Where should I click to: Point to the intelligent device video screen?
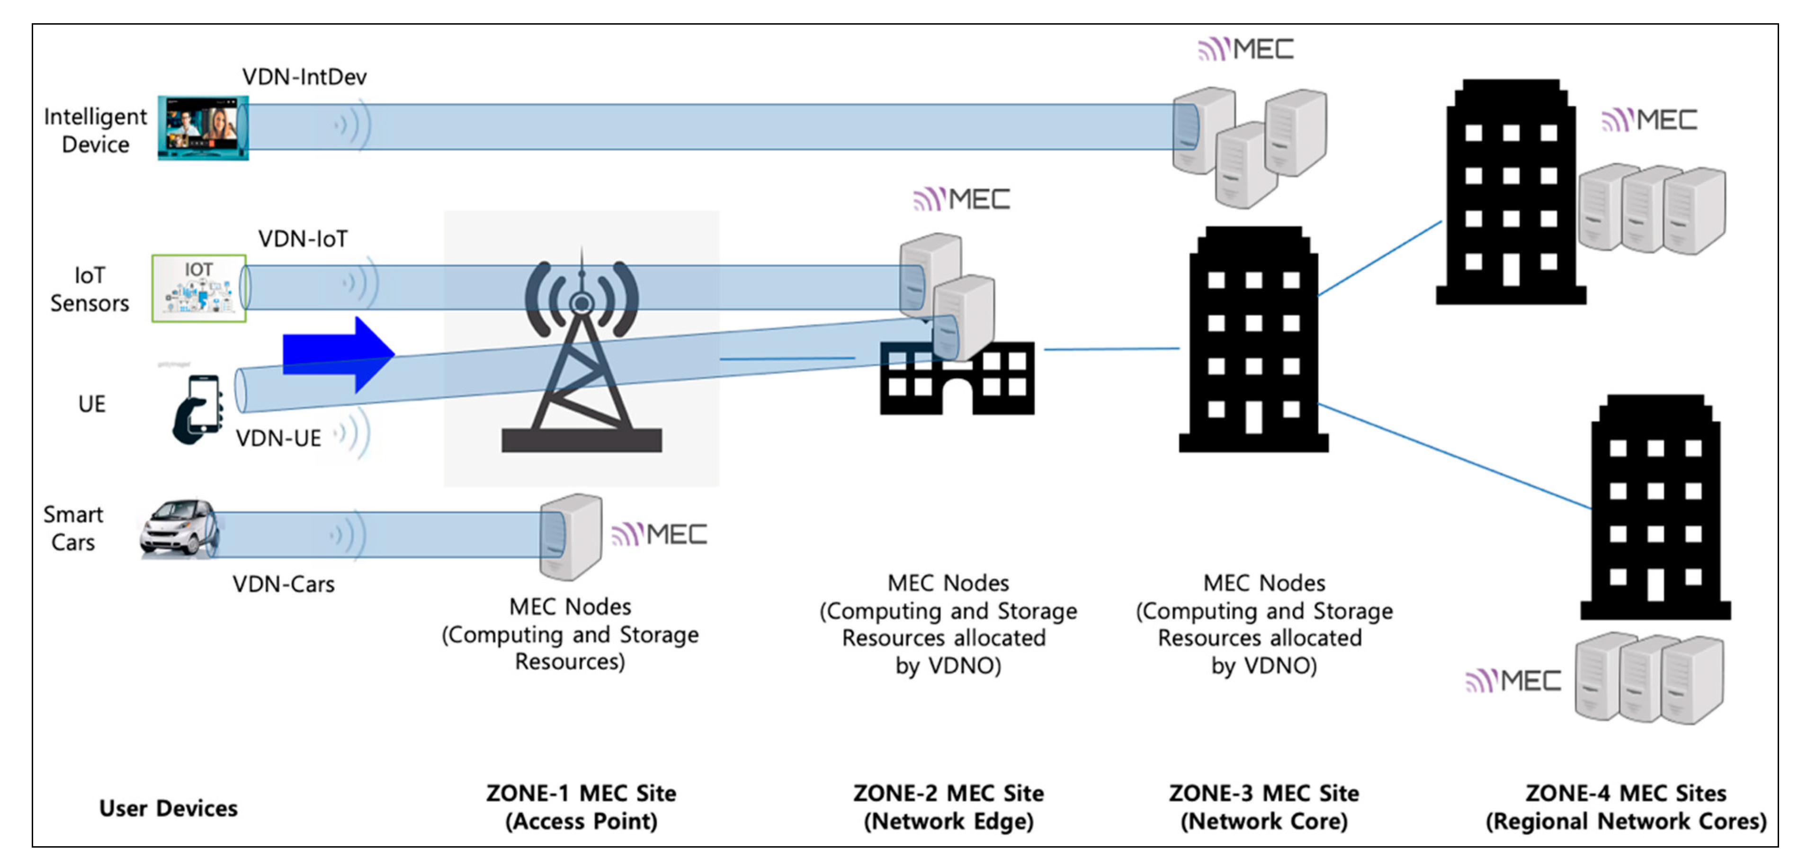pyautogui.click(x=203, y=128)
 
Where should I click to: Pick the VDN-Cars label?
pyautogui.click(x=283, y=584)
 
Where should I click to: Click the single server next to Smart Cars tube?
pyautogui.click(x=570, y=537)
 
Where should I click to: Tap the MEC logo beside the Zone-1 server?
pyautogui.click(x=659, y=535)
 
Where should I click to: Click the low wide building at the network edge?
pyautogui.click(x=957, y=380)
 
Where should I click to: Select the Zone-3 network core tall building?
pyautogui.click(x=1253, y=340)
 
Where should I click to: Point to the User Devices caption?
pyautogui.click(x=169, y=808)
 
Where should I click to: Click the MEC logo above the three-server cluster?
pyautogui.click(x=1245, y=49)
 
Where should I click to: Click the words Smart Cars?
pyautogui.click(x=73, y=528)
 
